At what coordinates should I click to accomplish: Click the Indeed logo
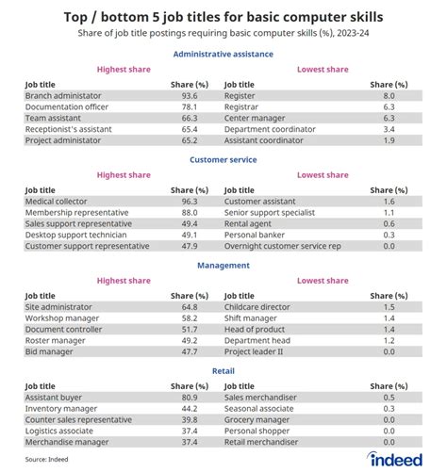[x=395, y=459]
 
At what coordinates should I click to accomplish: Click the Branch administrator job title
[x=63, y=96]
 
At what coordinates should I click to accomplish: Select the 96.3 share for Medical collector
[x=190, y=202]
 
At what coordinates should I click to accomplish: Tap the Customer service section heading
[x=223, y=159]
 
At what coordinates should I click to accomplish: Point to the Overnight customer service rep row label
[x=283, y=246]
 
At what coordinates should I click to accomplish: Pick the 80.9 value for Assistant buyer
[x=190, y=398]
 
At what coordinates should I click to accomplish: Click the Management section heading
[x=223, y=266]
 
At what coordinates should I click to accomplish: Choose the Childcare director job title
[x=257, y=307]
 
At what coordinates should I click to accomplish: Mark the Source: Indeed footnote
[x=46, y=459]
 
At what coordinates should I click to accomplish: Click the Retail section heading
[x=223, y=371]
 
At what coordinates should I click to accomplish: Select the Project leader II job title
[x=254, y=351]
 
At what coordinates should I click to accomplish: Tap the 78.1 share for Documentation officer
[x=190, y=106]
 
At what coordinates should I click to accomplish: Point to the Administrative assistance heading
[x=223, y=54]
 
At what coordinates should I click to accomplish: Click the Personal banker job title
[x=255, y=235]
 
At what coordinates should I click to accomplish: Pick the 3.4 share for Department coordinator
[x=389, y=129]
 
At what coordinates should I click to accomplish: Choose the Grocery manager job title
[x=257, y=420]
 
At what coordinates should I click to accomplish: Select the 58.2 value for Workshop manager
[x=190, y=318]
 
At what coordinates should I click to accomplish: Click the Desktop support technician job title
[x=75, y=235]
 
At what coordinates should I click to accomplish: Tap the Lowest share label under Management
[x=323, y=281]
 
